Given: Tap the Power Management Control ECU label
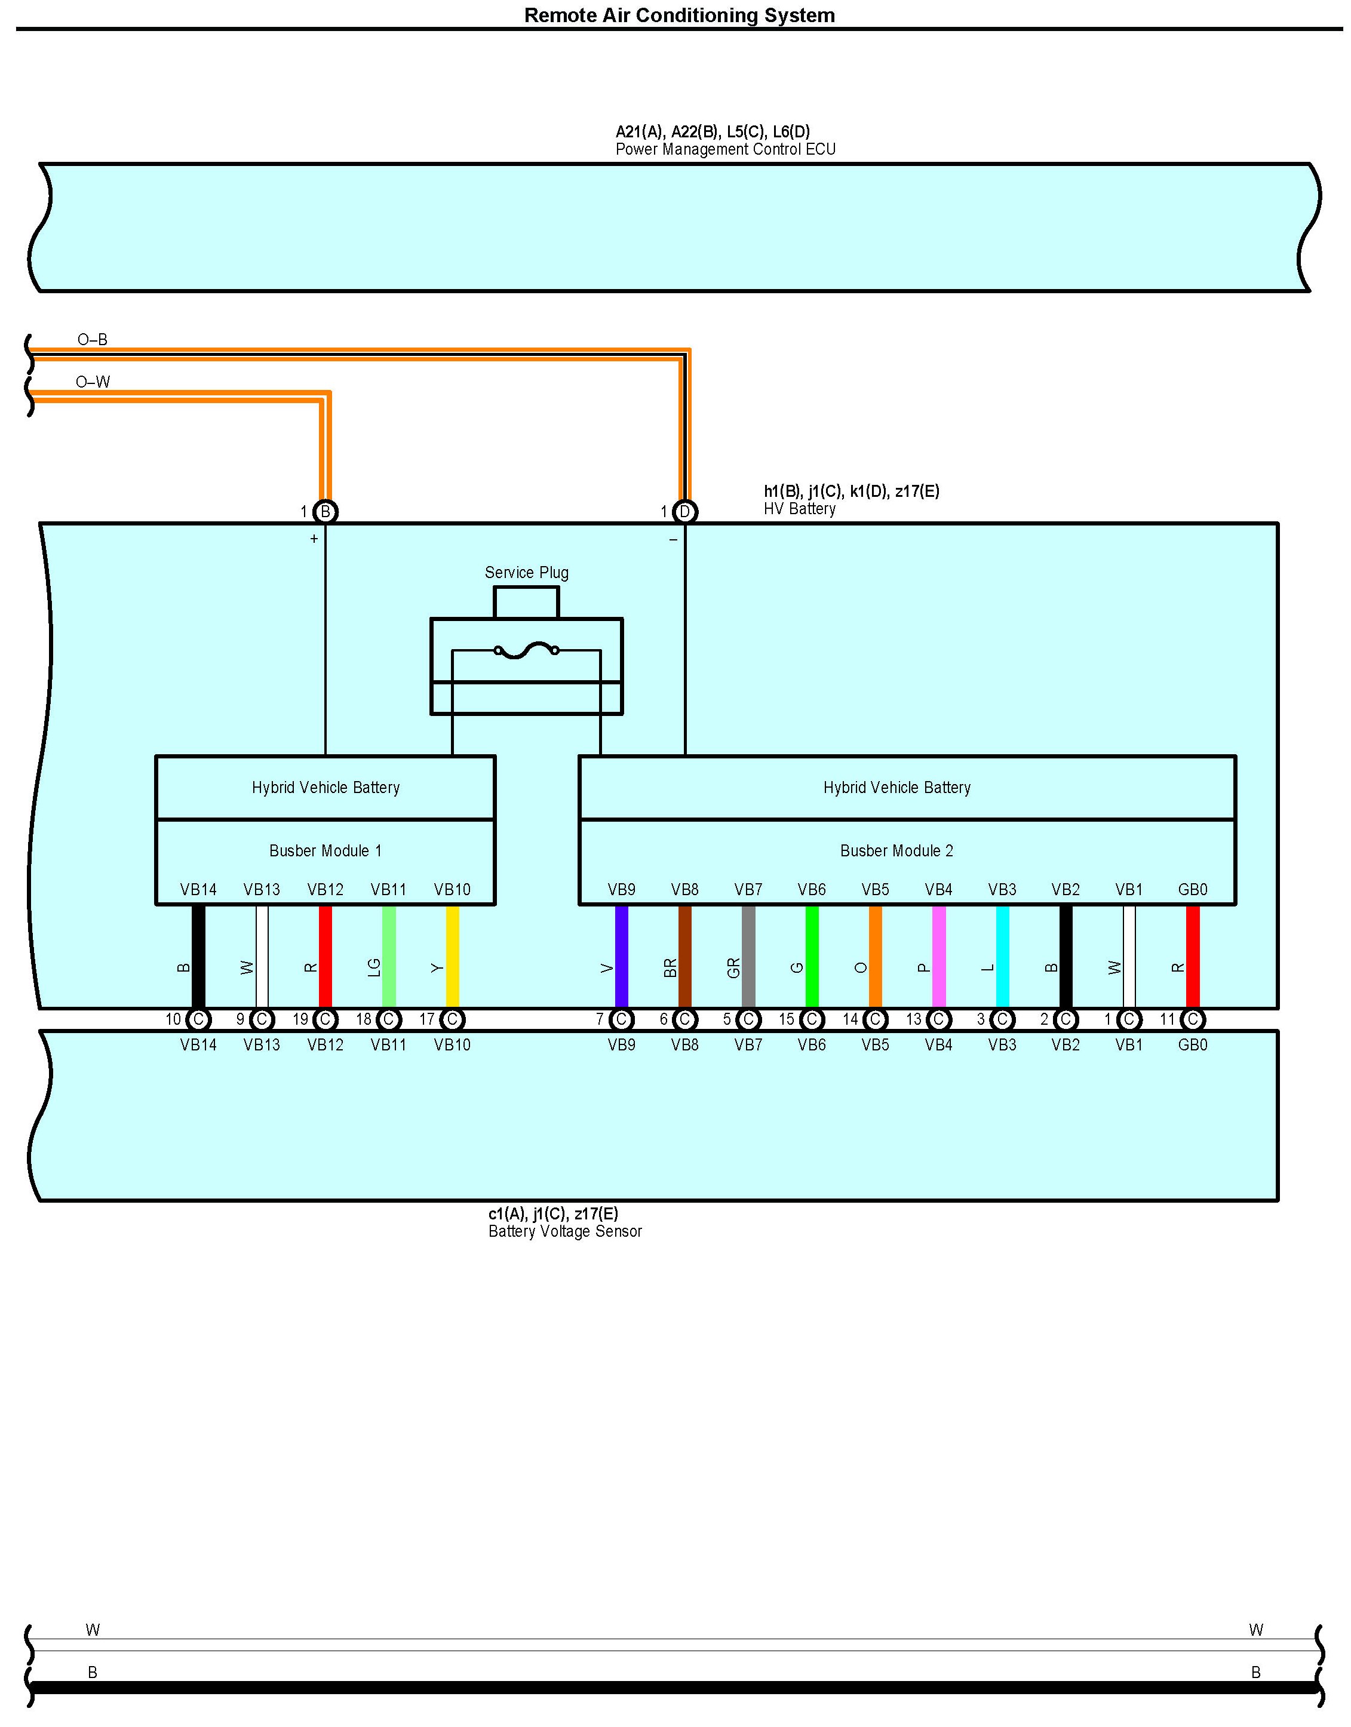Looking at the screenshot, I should pos(724,149).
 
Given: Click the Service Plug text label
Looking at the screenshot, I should pos(526,573).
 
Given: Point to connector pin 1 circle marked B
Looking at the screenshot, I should pos(325,512).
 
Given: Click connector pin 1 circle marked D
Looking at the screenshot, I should pos(685,512).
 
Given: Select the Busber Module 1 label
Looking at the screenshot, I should pos(325,851).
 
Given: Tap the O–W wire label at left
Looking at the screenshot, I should pos(93,382).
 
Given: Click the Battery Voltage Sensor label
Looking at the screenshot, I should pos(565,1231).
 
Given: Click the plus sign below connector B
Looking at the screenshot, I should pos(314,539).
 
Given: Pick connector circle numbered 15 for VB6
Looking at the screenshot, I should pos(812,1019).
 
